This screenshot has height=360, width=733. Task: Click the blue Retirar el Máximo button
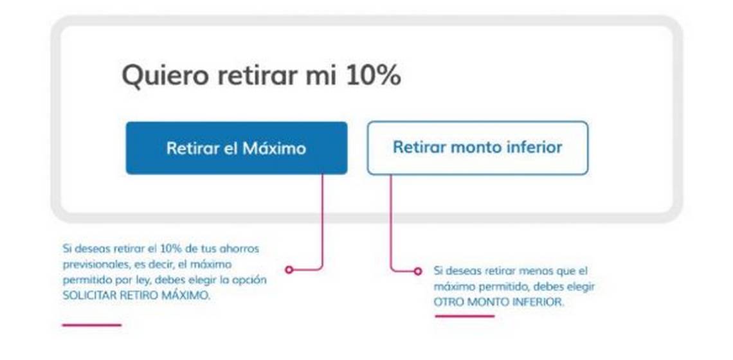click(x=237, y=148)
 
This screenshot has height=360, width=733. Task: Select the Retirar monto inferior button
click(x=477, y=148)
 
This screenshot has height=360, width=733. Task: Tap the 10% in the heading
click(x=373, y=75)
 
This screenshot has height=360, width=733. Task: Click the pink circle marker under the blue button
click(x=289, y=270)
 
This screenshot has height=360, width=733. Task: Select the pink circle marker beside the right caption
click(x=418, y=271)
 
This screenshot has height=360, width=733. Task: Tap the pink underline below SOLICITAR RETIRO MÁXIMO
click(x=91, y=325)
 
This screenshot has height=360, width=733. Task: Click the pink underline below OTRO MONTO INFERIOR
click(x=464, y=316)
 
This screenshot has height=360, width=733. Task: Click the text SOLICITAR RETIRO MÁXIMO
click(x=136, y=296)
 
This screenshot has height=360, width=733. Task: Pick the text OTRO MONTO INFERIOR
click(x=499, y=302)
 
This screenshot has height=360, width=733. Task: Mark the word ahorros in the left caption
click(x=242, y=248)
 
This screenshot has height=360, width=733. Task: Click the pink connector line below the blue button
click(x=322, y=222)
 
